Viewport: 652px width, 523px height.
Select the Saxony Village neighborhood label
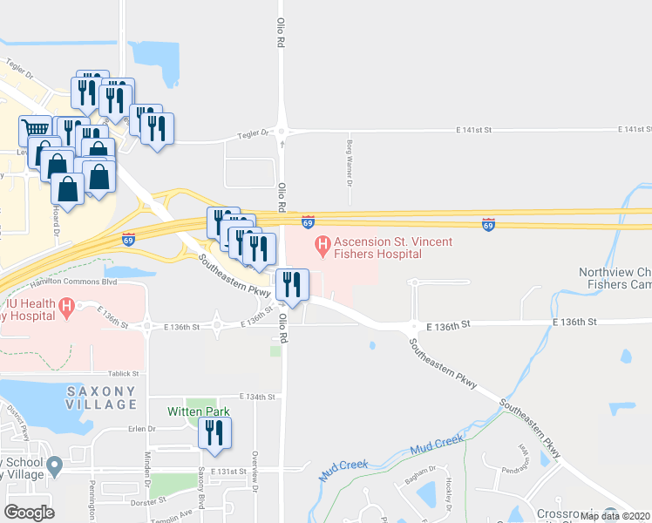[x=102, y=397]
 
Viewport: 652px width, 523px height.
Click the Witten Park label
[x=196, y=410]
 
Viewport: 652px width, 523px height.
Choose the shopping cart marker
[x=35, y=131]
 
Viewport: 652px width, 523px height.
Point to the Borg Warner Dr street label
[x=349, y=166]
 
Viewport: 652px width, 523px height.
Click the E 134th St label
[x=257, y=396]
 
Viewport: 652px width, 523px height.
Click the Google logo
[x=29, y=513]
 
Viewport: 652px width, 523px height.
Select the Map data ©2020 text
[x=615, y=516]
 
